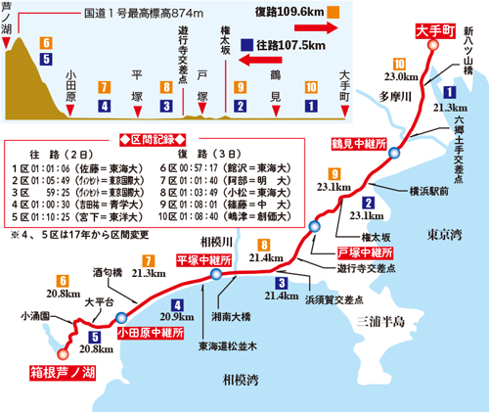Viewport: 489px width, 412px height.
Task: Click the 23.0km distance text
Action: pyautogui.click(x=401, y=75)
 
